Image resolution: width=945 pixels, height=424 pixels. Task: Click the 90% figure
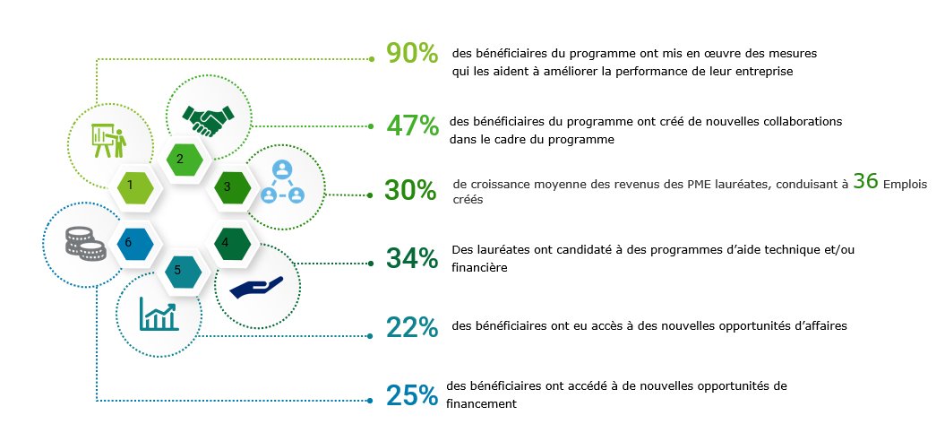click(411, 54)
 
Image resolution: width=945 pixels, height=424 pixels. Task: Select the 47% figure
click(411, 125)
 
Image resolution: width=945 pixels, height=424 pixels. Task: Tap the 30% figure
click(410, 190)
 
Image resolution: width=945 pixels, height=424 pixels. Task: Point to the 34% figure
click(411, 258)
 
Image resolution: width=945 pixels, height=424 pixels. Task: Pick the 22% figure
click(411, 328)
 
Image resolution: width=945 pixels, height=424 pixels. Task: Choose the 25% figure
click(411, 395)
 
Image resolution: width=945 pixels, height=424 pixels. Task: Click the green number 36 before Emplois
click(864, 181)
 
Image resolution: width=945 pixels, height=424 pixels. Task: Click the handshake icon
click(208, 119)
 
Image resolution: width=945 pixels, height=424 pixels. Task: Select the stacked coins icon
click(85, 242)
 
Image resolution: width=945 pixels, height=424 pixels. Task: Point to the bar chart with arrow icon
click(158, 314)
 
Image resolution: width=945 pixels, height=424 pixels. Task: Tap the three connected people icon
click(282, 182)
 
